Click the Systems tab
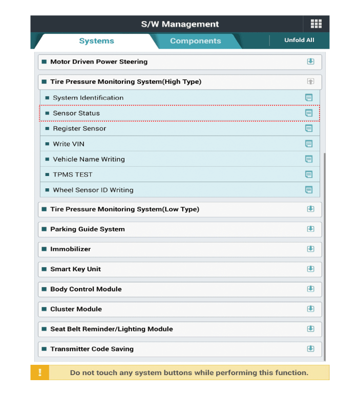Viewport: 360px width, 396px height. tap(96, 41)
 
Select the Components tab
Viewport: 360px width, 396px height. tap(195, 41)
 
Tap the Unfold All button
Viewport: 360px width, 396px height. tap(299, 40)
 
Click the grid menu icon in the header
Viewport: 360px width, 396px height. tap(316, 24)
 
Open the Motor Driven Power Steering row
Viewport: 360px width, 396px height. tap(99, 62)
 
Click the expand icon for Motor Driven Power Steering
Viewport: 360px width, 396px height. tap(310, 62)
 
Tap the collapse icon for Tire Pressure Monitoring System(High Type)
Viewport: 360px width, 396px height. tap(310, 82)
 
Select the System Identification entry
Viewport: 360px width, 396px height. tap(88, 98)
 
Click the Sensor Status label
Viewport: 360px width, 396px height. tap(76, 113)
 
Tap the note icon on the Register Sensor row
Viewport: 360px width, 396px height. tap(309, 128)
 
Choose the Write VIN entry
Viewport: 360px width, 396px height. tap(69, 144)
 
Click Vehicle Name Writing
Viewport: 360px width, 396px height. tap(89, 159)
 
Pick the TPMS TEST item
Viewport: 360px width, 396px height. tap(73, 174)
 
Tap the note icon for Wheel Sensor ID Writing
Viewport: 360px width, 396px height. tap(309, 190)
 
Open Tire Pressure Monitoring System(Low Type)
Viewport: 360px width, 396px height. tap(124, 209)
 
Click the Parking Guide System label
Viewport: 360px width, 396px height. tap(88, 229)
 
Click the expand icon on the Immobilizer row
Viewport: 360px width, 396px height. tap(310, 249)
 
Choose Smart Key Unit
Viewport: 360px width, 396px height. tap(75, 269)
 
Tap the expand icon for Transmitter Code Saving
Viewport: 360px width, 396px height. tap(310, 349)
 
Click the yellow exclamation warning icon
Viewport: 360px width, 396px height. tap(39, 372)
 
